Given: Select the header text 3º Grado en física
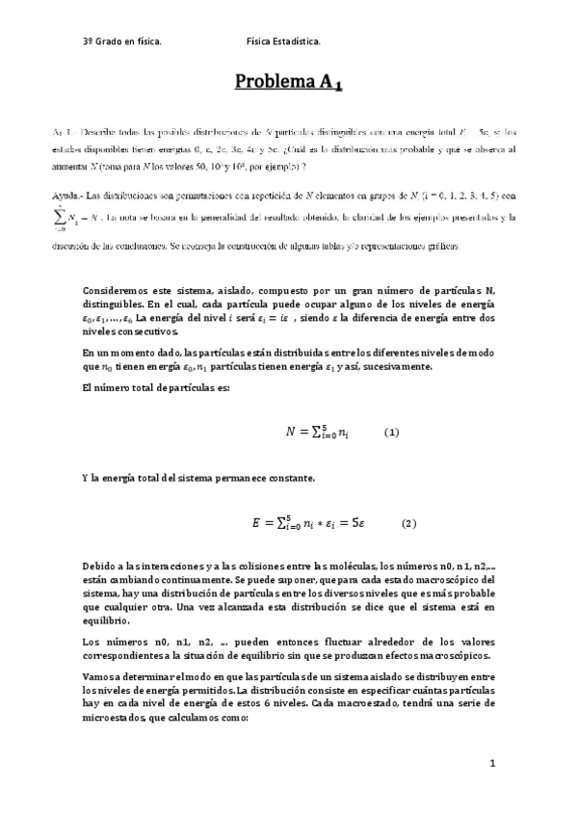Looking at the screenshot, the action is pos(121,41).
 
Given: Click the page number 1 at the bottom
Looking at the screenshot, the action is pos(491,764).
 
